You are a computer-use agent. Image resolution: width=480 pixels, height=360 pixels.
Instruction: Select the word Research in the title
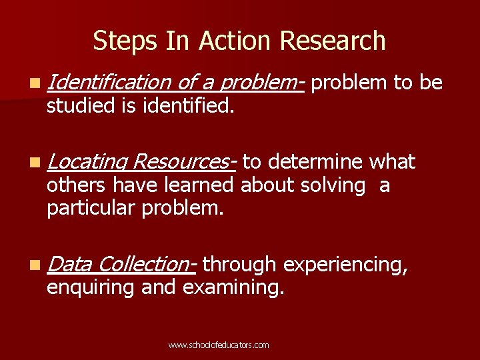click(333, 41)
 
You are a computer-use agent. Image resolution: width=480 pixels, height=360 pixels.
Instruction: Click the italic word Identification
click(109, 83)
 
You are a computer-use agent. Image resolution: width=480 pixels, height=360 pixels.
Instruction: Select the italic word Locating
click(87, 163)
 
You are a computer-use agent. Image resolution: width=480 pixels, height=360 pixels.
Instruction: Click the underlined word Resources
click(182, 163)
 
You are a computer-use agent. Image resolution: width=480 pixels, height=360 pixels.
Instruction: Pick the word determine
click(317, 162)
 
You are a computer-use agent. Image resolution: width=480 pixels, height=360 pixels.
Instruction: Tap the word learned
click(201, 185)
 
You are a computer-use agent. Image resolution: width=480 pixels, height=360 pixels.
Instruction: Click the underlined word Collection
click(145, 265)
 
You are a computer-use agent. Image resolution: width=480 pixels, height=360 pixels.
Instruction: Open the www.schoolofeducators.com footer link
click(219, 345)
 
